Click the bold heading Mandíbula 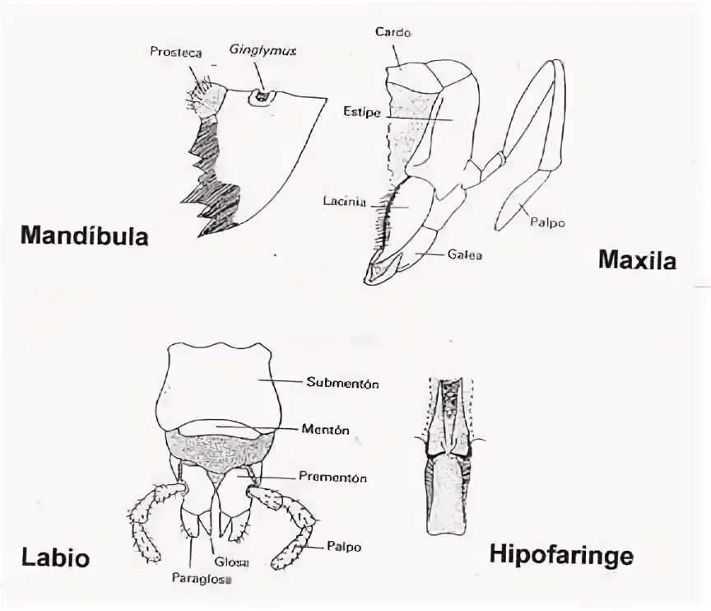tap(84, 237)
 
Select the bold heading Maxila tap(636, 262)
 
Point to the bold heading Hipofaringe tap(561, 554)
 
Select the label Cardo tap(393, 33)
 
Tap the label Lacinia tap(340, 200)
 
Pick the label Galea tap(465, 255)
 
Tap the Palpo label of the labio tap(343, 546)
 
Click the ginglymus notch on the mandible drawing tap(262, 96)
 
